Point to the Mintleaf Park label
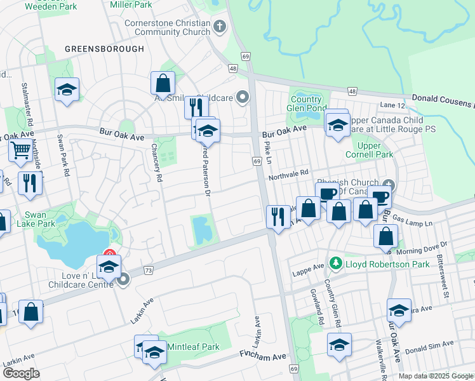(193, 347)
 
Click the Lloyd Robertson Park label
(379, 262)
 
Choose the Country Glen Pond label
(306, 103)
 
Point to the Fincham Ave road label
(263, 357)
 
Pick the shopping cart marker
(20, 150)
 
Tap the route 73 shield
(148, 271)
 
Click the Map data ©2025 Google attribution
(436, 375)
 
